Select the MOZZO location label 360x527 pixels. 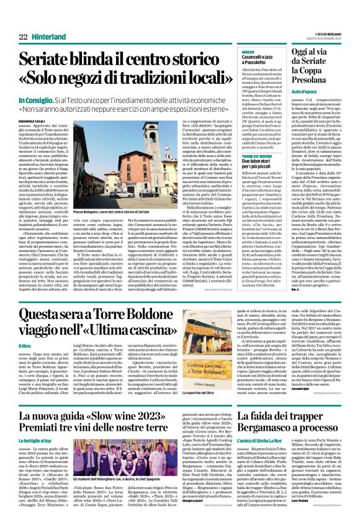pos(248,52)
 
